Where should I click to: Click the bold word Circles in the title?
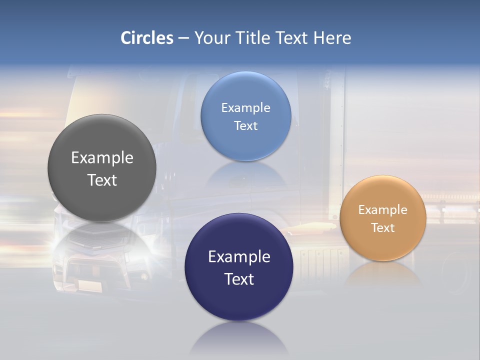pos(147,38)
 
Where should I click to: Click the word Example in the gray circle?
pos(102,158)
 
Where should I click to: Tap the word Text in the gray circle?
pos(102,180)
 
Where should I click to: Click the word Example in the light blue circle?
pos(245,108)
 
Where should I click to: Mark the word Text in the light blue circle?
pos(245,125)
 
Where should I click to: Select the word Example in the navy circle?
pos(239,257)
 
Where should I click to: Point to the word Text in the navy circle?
pos(239,279)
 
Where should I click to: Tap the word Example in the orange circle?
pos(382,210)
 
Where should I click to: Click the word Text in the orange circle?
pos(382,228)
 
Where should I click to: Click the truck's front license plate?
pos(89,285)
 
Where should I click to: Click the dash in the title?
pos(183,38)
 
